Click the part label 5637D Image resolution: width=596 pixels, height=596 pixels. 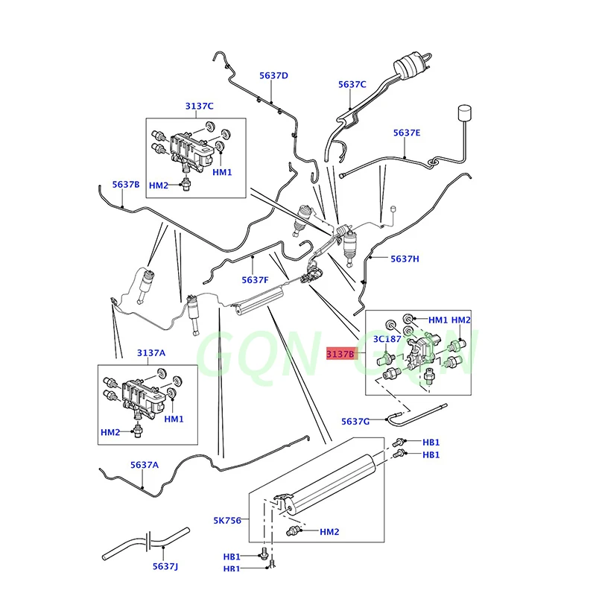tap(273, 75)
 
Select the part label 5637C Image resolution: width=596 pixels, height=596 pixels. tap(352, 84)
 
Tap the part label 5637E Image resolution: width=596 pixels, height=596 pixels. tap(407, 133)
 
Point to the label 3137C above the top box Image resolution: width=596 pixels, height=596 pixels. tap(200, 106)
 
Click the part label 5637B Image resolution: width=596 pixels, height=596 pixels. tap(126, 184)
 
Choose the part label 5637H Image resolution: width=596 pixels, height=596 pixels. tap(405, 259)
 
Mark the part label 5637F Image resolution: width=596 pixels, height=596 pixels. tap(255, 279)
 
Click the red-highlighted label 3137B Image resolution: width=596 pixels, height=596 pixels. tap(341, 355)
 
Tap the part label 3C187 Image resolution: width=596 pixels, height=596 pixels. tap(387, 339)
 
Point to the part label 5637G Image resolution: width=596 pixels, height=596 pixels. tap(355, 422)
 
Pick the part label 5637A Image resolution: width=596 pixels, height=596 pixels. tap(145, 464)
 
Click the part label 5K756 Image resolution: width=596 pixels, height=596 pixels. tap(227, 520)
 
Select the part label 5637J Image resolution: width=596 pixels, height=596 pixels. tap(167, 566)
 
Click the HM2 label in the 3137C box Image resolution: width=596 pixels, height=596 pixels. tap(159, 185)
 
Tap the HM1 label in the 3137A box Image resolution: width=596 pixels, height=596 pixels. tap(174, 419)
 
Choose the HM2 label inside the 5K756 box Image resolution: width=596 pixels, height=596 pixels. tap(329, 531)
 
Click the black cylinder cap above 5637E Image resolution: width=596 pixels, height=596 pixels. tap(465, 113)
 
